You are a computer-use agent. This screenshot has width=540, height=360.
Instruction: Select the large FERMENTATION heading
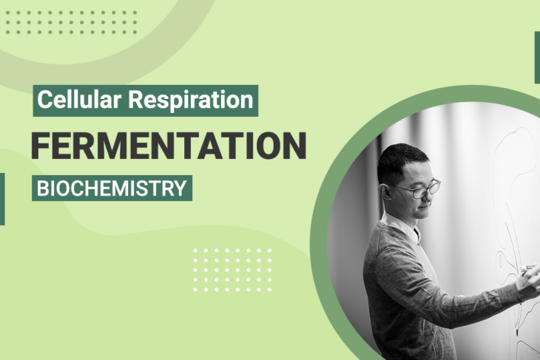point(168,145)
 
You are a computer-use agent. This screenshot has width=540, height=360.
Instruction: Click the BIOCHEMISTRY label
point(112,188)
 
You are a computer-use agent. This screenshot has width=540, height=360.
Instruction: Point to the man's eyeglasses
point(417,189)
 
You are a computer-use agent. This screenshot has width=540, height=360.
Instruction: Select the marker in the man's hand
point(530,268)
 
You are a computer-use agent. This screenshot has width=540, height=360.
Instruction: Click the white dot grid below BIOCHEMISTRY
point(232,269)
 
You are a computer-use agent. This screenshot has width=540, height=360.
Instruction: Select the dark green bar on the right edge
point(536,58)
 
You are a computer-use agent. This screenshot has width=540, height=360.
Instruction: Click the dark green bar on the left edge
point(2,198)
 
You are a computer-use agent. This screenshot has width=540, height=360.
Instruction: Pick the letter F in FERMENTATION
point(40,145)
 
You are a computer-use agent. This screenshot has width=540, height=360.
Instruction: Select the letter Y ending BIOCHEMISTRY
point(180,188)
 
